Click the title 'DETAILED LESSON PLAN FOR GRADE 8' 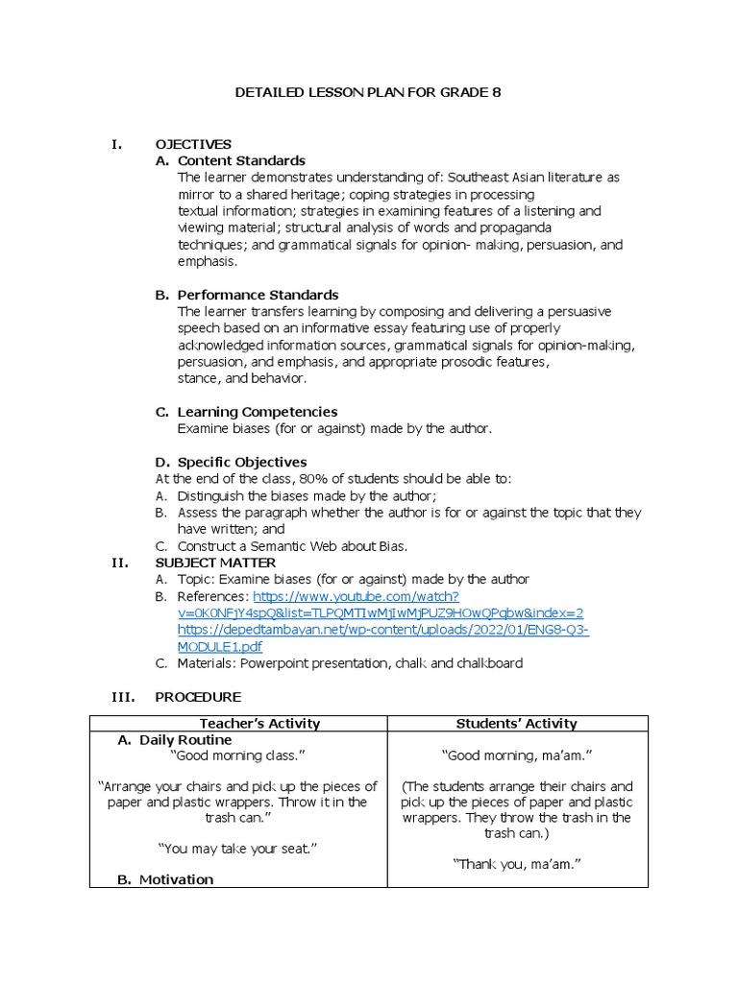[x=369, y=93]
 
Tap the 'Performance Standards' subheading [x=258, y=295]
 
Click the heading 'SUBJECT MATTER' [x=215, y=563]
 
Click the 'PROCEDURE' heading [x=198, y=696]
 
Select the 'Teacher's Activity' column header [x=259, y=723]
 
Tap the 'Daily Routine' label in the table [x=185, y=740]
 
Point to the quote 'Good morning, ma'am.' [x=517, y=755]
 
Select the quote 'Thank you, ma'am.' [x=517, y=864]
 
